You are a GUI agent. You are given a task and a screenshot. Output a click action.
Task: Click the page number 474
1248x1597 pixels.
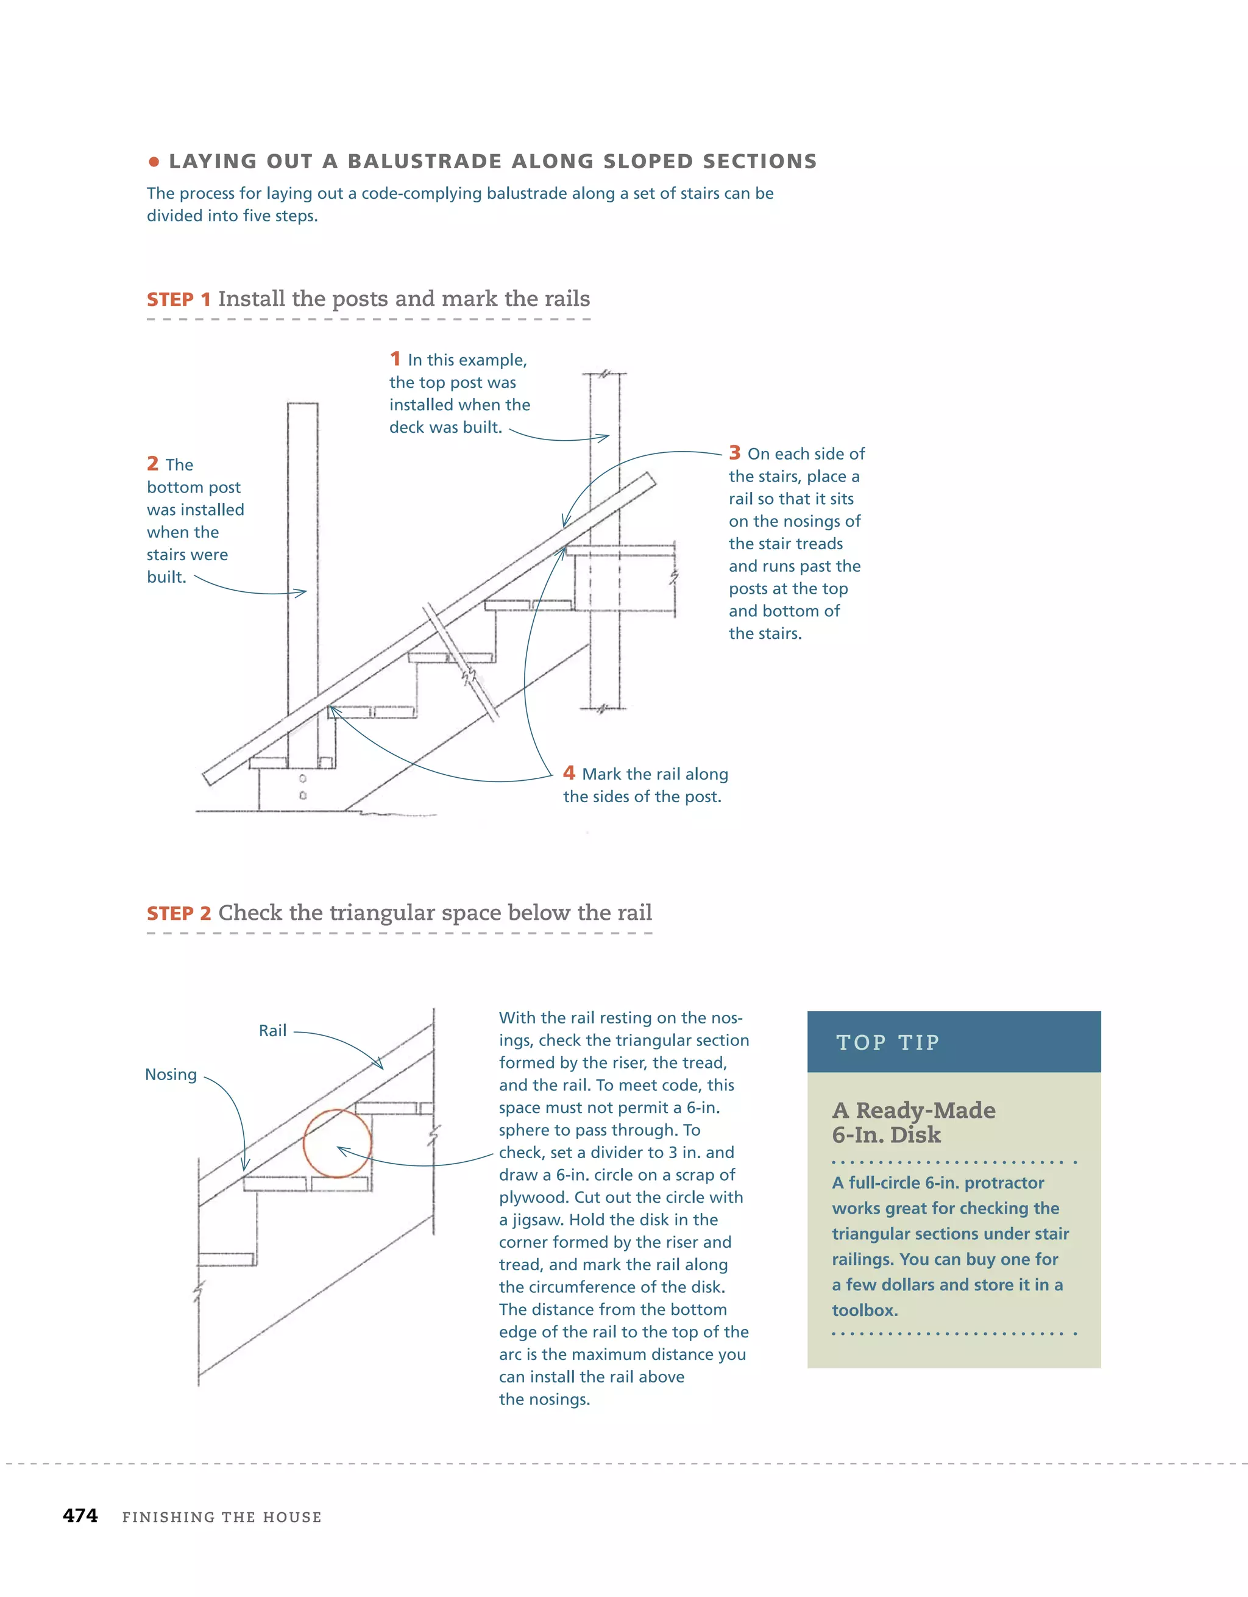(x=80, y=1516)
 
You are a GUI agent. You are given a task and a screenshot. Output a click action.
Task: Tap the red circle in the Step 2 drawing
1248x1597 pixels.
(x=337, y=1143)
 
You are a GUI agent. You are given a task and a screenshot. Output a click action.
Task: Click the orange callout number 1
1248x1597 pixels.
(x=395, y=358)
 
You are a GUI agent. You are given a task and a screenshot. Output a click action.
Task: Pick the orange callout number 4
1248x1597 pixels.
(x=569, y=773)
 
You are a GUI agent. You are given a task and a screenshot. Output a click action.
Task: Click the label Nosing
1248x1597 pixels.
(x=171, y=1074)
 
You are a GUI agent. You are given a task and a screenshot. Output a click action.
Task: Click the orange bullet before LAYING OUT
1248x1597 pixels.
(x=154, y=162)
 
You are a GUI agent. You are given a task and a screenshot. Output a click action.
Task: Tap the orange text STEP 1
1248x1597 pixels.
(x=179, y=300)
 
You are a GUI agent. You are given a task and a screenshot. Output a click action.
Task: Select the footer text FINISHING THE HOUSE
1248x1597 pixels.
(x=222, y=1517)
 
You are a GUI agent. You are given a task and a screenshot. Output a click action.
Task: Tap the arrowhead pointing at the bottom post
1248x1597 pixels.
(x=302, y=592)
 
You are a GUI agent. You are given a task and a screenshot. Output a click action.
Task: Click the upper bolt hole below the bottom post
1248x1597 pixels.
(x=303, y=779)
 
